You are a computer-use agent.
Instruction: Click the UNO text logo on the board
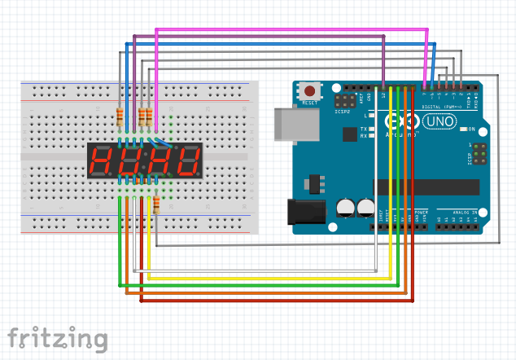tap(440, 121)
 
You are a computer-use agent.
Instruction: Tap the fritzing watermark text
tap(57, 338)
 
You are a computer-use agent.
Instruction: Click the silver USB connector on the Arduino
tap(286, 125)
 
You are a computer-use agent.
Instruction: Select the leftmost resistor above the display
tap(120, 117)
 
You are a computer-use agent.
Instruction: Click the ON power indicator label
tap(470, 130)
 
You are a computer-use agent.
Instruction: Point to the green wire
tap(260, 286)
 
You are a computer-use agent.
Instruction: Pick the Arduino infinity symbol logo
tap(405, 122)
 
